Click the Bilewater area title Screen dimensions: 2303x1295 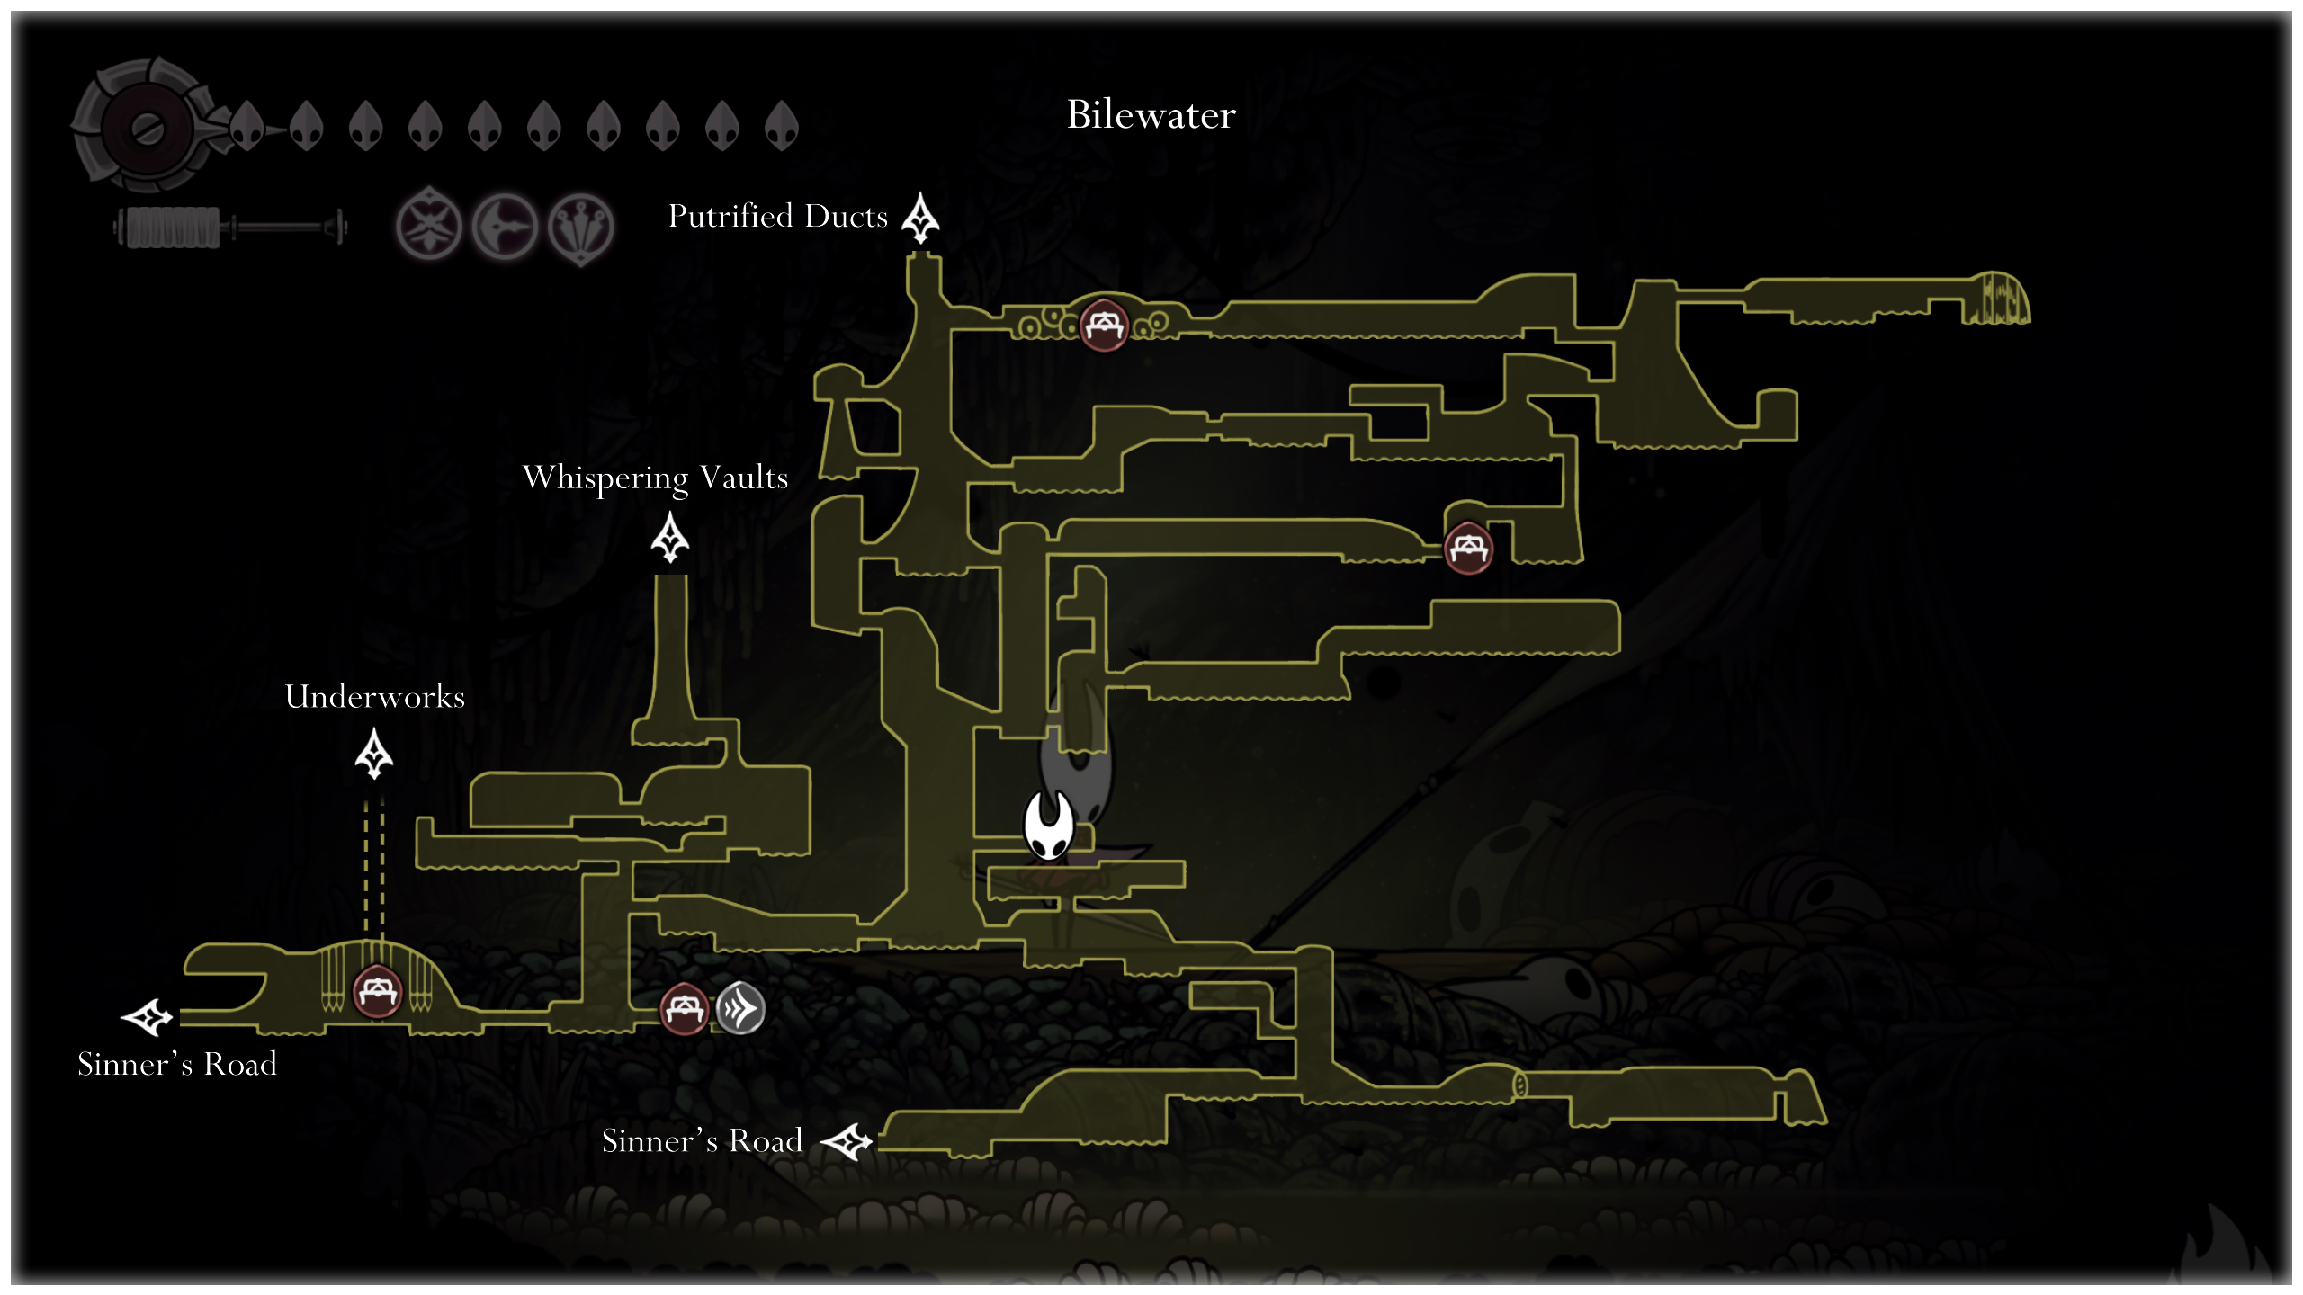pyautogui.click(x=1151, y=114)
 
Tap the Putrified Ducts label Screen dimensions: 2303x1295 pyautogui.click(x=778, y=217)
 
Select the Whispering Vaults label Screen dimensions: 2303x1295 pyautogui.click(x=655, y=478)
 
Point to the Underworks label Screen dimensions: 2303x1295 pyautogui.click(x=375, y=696)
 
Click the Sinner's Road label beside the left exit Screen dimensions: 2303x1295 pyautogui.click(x=177, y=1064)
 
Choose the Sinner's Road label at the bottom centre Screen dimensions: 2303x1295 pyautogui.click(x=702, y=1140)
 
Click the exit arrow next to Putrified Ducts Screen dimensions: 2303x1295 pyautogui.click(x=920, y=218)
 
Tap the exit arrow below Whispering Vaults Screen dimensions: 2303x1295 pyautogui.click(x=670, y=537)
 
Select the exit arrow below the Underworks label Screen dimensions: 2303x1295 pyautogui.click(x=374, y=754)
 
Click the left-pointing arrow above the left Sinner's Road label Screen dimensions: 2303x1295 pyautogui.click(x=147, y=1017)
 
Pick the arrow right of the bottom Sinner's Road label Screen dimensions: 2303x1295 pyautogui.click(x=847, y=1142)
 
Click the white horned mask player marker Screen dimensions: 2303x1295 pyautogui.click(x=1049, y=825)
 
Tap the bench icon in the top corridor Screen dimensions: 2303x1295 pyautogui.click(x=1104, y=325)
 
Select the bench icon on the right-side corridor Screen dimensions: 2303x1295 pyautogui.click(x=1468, y=548)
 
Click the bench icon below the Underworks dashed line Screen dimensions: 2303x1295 pyautogui.click(x=377, y=992)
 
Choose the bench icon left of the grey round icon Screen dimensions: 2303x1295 pyautogui.click(x=685, y=1009)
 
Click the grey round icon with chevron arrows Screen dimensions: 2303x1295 pyautogui.click(x=740, y=1008)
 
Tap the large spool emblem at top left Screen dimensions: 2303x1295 pyautogui.click(x=144, y=125)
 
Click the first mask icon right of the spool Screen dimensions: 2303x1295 pyautogui.click(x=246, y=125)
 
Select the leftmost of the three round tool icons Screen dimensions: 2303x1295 pyautogui.click(x=429, y=226)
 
